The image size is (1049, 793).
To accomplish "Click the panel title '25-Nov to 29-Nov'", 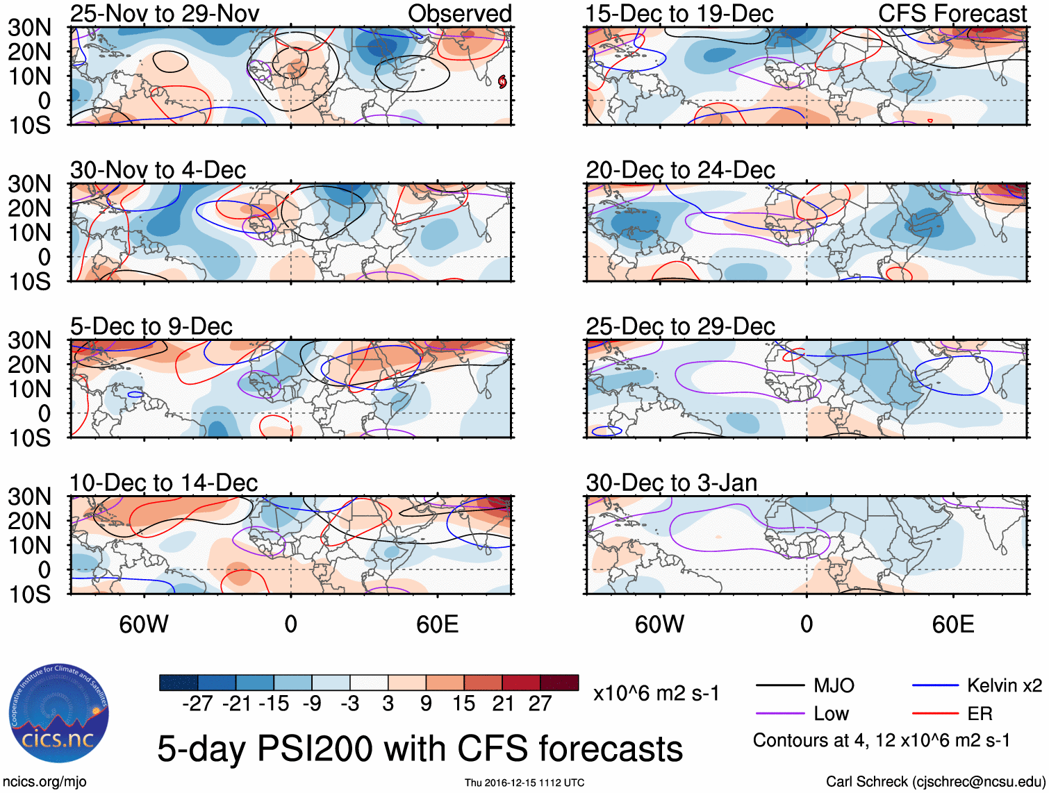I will pos(165,13).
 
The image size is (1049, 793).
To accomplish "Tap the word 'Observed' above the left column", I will pos(459,13).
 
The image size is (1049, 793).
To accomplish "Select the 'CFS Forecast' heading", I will pos(952,13).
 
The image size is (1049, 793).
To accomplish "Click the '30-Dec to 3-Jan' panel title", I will pos(671,483).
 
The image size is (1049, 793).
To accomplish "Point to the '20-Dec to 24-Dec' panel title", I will pos(680,170).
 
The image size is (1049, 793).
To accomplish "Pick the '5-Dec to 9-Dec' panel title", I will pos(151,326).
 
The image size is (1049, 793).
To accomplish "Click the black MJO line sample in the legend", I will pos(779,686).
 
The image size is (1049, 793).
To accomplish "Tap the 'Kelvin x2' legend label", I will pos(1004,686).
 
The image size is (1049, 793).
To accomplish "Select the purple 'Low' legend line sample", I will pos(779,714).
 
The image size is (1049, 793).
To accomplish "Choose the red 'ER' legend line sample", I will pos(935,714).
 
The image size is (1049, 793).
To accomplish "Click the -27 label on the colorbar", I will pos(197,704).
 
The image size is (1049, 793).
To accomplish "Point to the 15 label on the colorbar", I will pos(464,704).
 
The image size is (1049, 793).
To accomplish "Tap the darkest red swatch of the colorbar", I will pos(559,683).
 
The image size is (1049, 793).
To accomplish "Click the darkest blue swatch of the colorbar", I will pos(179,683).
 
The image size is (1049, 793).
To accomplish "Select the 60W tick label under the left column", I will pos(144,624).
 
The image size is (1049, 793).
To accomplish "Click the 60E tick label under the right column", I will pos(952,624).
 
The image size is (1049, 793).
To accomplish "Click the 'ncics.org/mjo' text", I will pos(44,782).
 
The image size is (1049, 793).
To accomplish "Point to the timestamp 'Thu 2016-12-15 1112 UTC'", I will pos(524,783).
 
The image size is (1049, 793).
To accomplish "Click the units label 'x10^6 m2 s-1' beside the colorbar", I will pos(656,694).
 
